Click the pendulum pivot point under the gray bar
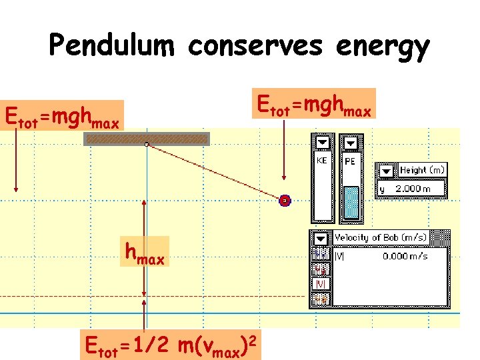tap(147, 144)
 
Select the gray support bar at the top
tap(147, 139)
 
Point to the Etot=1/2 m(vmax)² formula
tap(169, 345)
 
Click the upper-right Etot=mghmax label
tap(313, 104)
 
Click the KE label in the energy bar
tap(321, 161)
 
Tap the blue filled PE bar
tap(351, 203)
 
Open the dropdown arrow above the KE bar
tap(323, 143)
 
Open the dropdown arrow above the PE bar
tap(349, 143)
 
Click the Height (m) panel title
tap(421, 171)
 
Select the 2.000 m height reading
tap(413, 189)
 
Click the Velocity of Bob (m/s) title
tap(381, 238)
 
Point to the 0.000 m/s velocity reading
tap(405, 256)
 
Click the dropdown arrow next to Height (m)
tap(386, 171)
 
